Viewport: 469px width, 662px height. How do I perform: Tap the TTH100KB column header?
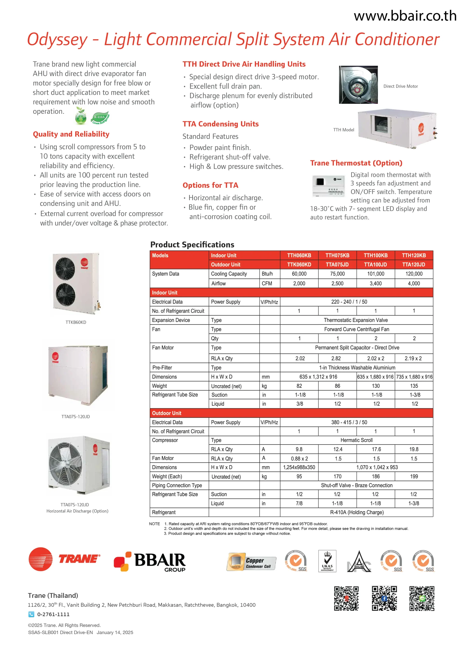[376, 255]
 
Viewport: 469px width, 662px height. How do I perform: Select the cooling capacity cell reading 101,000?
[376, 274]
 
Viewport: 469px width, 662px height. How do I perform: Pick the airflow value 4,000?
[414, 283]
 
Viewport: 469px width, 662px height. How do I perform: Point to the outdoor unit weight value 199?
[414, 476]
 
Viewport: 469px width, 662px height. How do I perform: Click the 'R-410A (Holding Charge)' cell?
[357, 512]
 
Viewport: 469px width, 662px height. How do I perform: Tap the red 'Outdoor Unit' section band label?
[167, 413]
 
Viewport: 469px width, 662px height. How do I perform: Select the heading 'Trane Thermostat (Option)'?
[356, 163]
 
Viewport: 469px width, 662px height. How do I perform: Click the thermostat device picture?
[328, 186]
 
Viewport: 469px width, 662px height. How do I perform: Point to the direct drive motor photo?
[358, 85]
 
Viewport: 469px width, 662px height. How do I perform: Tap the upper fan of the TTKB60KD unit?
[65, 268]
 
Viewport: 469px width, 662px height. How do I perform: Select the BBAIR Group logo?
[150, 562]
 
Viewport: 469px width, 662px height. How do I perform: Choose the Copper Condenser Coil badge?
[251, 562]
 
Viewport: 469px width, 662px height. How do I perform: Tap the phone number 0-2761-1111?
[53, 614]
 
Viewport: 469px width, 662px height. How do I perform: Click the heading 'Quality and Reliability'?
[71, 134]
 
